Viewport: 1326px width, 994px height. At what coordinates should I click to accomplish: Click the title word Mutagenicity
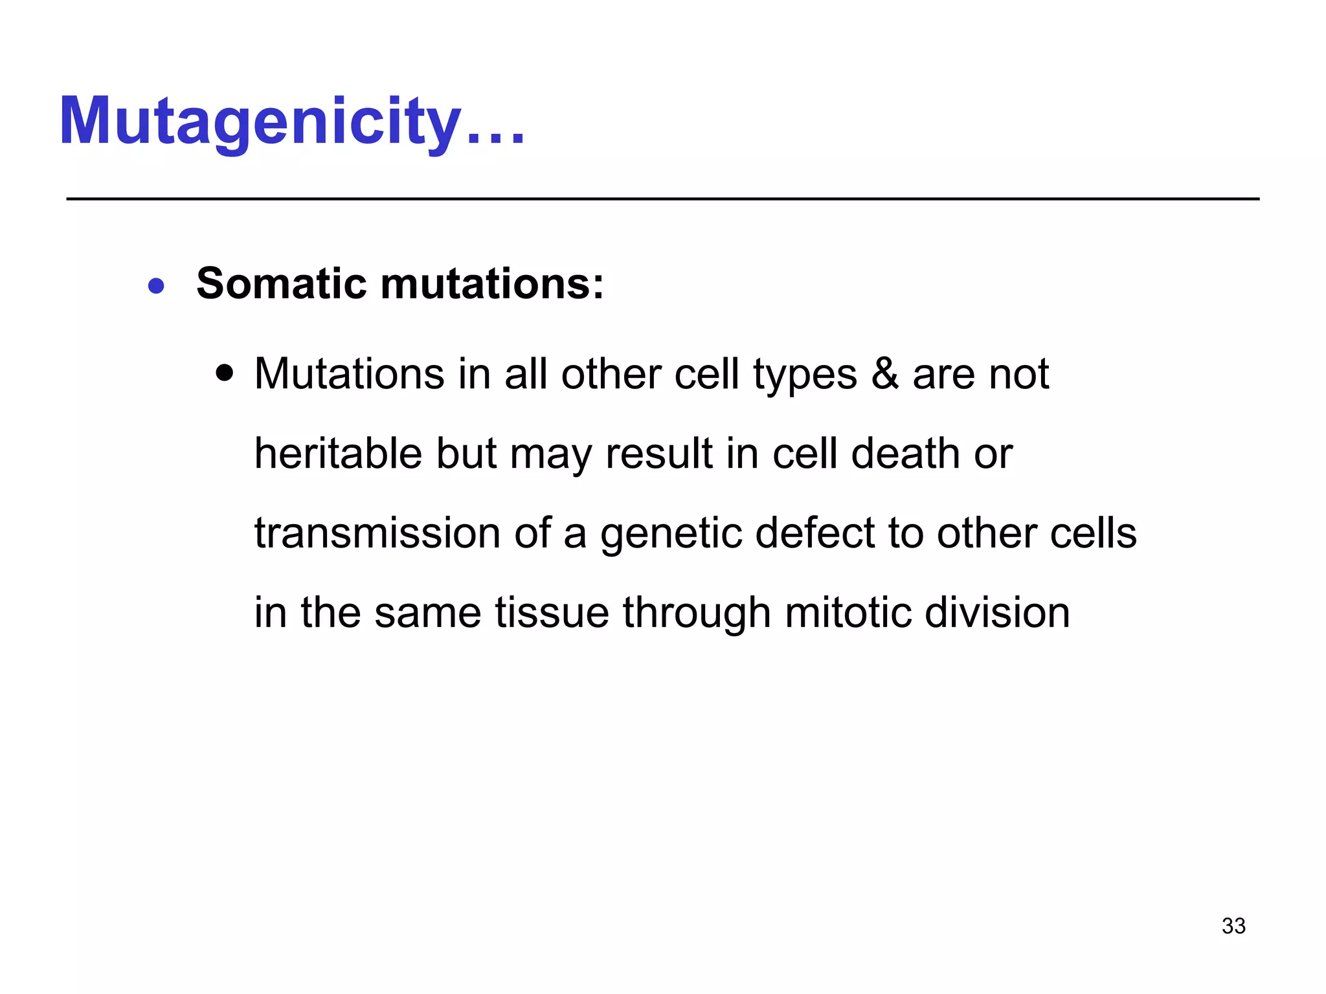(259, 122)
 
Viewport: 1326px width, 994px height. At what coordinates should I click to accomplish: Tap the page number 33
(1233, 926)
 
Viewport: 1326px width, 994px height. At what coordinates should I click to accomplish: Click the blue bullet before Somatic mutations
(156, 285)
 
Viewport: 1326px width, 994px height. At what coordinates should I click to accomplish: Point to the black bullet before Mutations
(224, 373)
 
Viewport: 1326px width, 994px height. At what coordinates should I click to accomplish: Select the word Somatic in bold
(282, 284)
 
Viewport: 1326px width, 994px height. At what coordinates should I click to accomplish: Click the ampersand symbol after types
(884, 374)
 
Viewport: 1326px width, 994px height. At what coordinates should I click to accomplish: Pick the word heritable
(338, 454)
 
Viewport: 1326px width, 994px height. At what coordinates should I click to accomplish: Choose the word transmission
(377, 533)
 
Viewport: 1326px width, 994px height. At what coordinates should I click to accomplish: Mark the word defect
(814, 533)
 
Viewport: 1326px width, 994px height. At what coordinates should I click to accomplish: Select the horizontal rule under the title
(663, 199)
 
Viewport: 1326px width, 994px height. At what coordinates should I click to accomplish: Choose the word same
(427, 613)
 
